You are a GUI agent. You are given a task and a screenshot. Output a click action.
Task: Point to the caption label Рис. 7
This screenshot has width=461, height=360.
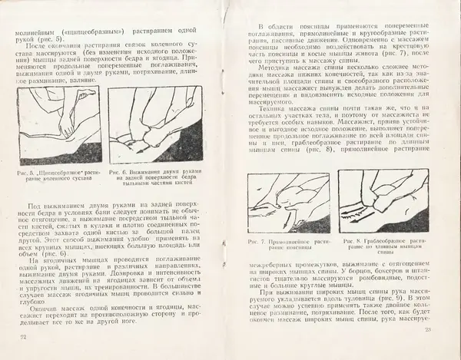[x=257, y=241]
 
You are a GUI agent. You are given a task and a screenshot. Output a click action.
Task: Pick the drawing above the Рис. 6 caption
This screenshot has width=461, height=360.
[x=154, y=125]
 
